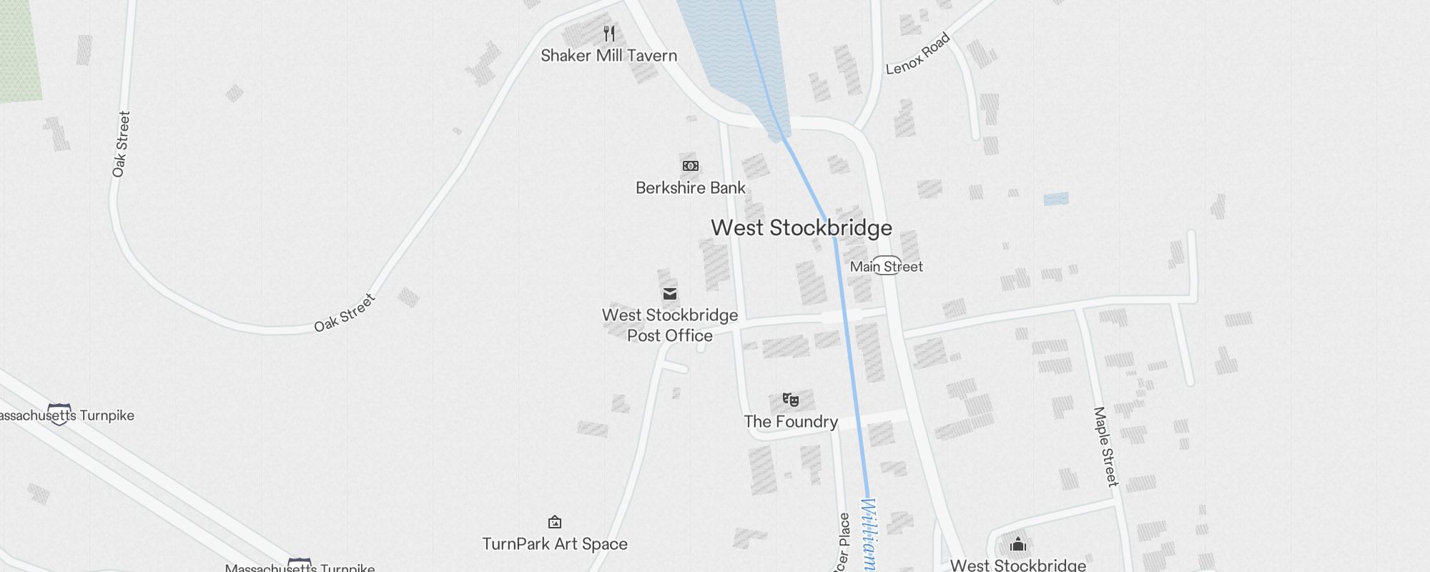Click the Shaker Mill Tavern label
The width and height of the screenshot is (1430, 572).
(608, 56)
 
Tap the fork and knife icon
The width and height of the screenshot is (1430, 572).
(609, 33)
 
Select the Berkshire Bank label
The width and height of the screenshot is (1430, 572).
(690, 188)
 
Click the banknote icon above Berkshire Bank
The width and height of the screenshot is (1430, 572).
(690, 166)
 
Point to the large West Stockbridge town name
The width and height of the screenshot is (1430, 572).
(801, 228)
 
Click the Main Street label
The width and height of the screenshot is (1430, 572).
(886, 267)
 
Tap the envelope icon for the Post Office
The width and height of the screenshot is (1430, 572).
(670, 294)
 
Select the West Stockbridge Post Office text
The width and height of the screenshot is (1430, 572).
(670, 325)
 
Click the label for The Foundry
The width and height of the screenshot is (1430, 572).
(790, 422)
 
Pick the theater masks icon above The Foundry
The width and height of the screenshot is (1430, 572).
(790, 400)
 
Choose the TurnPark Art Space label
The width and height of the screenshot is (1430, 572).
(555, 544)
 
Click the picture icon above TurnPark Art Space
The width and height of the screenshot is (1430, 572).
(555, 522)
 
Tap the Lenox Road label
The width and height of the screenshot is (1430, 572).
(918, 54)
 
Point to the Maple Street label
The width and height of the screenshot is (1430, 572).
(1105, 447)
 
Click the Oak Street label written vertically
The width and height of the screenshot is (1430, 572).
(121, 144)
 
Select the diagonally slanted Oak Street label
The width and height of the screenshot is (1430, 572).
(345, 312)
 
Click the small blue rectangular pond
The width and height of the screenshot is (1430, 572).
(1056, 199)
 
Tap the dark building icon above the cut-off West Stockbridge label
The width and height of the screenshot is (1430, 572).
(1018, 545)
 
